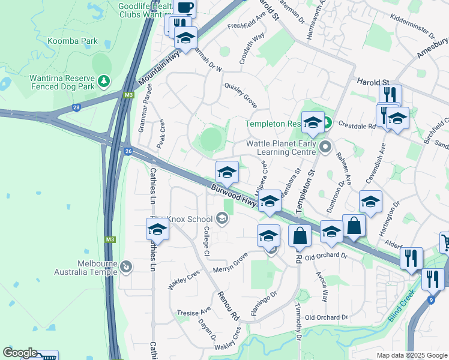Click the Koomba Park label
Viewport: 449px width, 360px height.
pyautogui.click(x=72, y=41)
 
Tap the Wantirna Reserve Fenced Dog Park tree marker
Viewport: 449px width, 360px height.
pyautogui.click(x=104, y=80)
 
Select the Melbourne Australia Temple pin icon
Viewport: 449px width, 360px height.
pyautogui.click(x=125, y=266)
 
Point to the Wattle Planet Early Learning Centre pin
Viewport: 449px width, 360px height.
pyautogui.click(x=325, y=146)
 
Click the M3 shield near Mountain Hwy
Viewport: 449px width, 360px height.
pyautogui.click(x=128, y=95)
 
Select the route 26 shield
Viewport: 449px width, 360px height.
pyautogui.click(x=128, y=151)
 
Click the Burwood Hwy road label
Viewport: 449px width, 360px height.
pyautogui.click(x=234, y=196)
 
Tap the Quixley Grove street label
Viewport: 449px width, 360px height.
pyautogui.click(x=241, y=95)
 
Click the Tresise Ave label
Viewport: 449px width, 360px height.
pyautogui.click(x=194, y=311)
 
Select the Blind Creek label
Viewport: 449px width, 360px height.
pyautogui.click(x=402, y=307)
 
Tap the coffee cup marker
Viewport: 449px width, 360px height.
pyautogui.click(x=185, y=8)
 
